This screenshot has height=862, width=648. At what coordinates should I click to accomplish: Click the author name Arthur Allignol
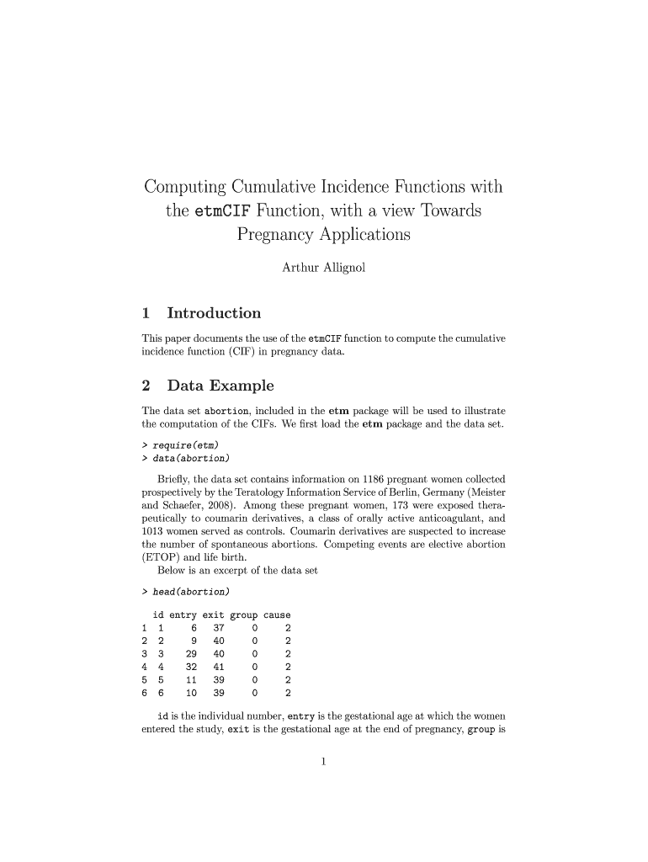[x=323, y=269]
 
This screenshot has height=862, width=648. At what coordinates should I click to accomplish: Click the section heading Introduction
[x=214, y=313]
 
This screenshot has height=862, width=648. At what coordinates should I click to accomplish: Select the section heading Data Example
[x=220, y=386]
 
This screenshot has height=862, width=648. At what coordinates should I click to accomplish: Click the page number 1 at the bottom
[x=323, y=763]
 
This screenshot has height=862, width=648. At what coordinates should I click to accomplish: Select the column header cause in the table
[x=277, y=615]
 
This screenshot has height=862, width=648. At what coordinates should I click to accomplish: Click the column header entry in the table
[x=183, y=615]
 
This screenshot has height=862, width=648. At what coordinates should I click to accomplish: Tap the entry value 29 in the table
[x=191, y=654]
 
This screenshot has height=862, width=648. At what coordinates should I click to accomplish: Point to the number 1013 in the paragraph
[x=155, y=531]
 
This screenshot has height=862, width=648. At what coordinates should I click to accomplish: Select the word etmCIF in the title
[x=222, y=210]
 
